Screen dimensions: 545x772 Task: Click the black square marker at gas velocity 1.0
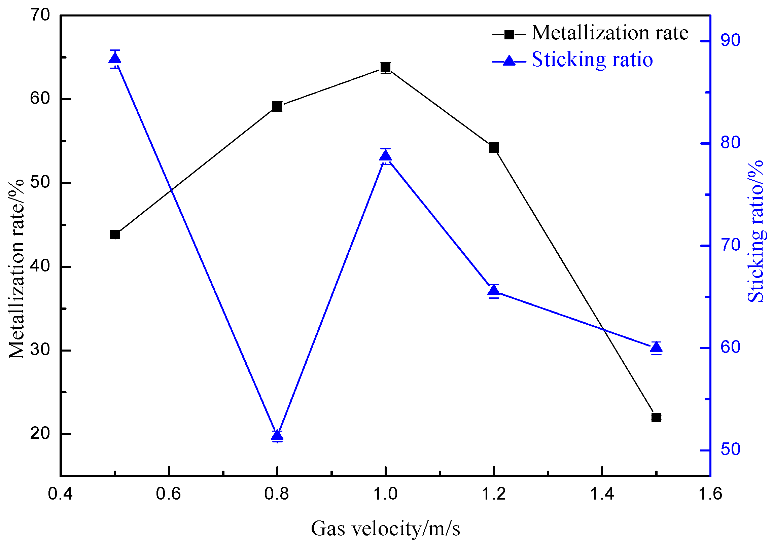(385, 67)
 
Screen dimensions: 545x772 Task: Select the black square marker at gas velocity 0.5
(115, 234)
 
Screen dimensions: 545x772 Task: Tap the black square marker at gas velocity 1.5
(656, 417)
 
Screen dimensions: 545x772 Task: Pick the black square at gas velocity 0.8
(277, 106)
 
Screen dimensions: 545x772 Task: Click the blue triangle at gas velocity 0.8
(277, 436)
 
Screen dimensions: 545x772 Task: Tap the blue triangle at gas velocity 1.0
(385, 156)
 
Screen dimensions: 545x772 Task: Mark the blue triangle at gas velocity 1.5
(656, 348)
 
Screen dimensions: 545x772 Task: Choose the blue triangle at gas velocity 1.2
(494, 290)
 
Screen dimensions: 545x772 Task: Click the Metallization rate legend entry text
(610, 33)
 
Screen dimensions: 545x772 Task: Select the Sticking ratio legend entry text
(592, 60)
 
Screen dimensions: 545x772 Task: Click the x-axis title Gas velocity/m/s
(385, 529)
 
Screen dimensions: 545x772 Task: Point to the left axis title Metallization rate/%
(16, 269)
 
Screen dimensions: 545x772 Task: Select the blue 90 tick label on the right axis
(730, 41)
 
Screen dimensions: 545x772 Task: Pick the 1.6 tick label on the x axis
(710, 494)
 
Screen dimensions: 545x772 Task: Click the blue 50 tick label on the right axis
(730, 449)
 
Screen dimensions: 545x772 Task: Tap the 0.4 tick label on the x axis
(61, 494)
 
